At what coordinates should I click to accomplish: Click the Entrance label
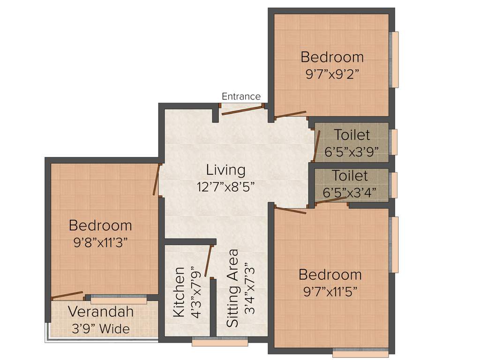[241, 97]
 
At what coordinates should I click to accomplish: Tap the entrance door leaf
[241, 110]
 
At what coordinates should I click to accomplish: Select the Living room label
[225, 170]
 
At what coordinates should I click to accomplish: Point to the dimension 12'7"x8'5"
[225, 187]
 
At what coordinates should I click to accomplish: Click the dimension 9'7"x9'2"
[332, 74]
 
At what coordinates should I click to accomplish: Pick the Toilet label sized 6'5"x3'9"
[352, 135]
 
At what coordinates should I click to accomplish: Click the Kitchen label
[179, 292]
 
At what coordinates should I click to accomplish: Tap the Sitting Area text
[233, 288]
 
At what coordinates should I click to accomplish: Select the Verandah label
[101, 311]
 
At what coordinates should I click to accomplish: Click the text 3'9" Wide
[101, 329]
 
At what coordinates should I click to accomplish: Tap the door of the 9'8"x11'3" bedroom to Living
[157, 180]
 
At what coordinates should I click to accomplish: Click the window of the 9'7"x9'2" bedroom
[395, 60]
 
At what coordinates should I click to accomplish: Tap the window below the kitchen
[220, 342]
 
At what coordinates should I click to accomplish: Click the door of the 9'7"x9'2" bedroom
[291, 115]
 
